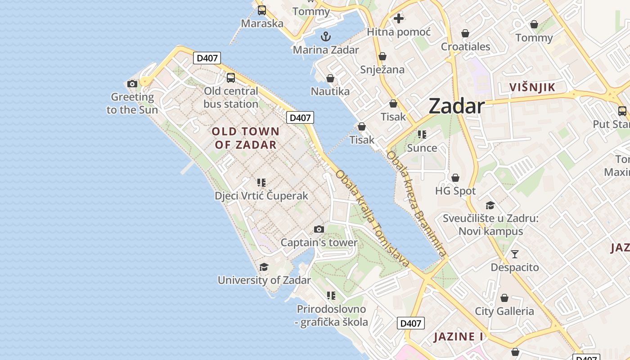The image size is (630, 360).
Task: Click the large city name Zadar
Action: click(x=456, y=106)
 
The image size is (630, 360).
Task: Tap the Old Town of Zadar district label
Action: click(x=246, y=138)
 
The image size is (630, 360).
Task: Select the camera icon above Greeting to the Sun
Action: click(x=132, y=84)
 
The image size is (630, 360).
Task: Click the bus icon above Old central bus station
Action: click(x=231, y=77)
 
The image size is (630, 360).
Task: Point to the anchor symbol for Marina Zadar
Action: click(x=325, y=36)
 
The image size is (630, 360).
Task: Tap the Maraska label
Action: click(x=262, y=23)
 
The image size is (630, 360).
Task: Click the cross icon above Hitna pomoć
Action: click(x=399, y=18)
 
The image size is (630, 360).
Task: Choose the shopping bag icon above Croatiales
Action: click(x=465, y=33)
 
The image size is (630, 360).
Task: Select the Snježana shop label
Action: click(x=382, y=70)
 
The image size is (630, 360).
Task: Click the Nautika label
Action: click(x=330, y=91)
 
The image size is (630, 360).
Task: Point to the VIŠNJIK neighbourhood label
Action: click(x=532, y=87)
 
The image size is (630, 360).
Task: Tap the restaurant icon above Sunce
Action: click(x=422, y=134)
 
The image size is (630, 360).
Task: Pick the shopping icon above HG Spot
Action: click(x=455, y=178)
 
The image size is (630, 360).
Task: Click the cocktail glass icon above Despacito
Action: click(x=515, y=254)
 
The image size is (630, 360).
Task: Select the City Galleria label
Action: click(x=504, y=311)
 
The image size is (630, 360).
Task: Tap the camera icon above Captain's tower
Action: click(x=319, y=229)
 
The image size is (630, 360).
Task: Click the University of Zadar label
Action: click(x=264, y=280)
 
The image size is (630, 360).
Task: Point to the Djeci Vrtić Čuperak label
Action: click(x=261, y=196)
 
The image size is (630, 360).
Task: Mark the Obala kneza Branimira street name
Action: click(x=416, y=204)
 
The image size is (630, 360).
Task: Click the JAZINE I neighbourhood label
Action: click(x=458, y=337)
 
